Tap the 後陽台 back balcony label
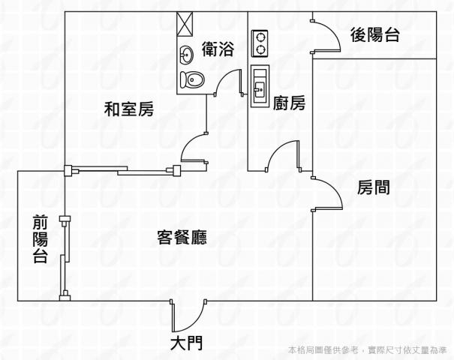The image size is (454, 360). coord(374,34)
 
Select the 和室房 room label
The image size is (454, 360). coord(128,110)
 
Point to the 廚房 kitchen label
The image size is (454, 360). coord(289,103)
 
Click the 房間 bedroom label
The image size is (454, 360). coord(373,187)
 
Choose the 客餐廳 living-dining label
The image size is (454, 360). coord(182,238)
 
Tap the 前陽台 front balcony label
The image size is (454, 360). coord(40,240)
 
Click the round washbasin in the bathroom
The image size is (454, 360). coord(186,54)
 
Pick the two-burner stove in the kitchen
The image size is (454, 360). coord(260,43)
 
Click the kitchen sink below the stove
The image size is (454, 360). coord(260,85)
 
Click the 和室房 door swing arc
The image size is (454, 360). coord(194,147)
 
